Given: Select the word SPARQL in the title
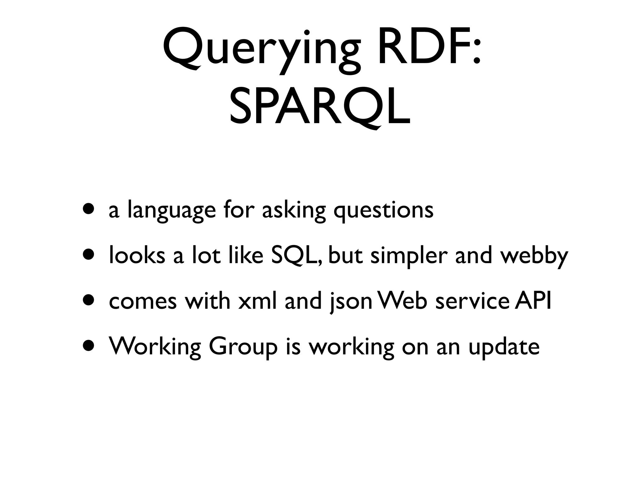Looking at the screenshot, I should (x=320, y=108).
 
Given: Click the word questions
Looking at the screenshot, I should (x=383, y=210).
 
